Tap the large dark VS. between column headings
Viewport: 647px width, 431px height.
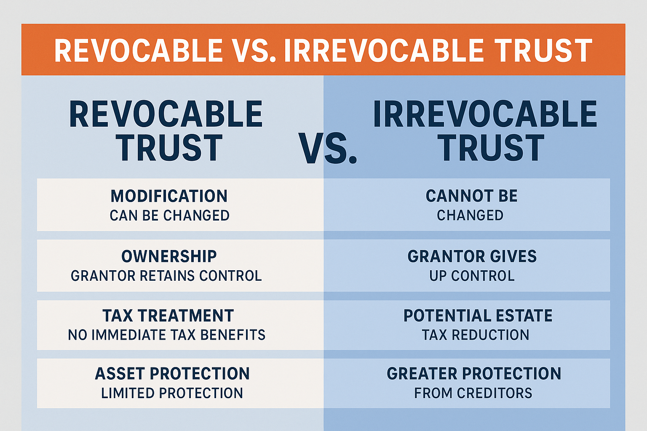[x=328, y=149]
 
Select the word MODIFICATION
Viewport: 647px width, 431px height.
[x=169, y=196]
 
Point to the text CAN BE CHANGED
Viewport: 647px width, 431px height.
[x=169, y=215]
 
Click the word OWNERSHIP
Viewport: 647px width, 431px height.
[x=169, y=256]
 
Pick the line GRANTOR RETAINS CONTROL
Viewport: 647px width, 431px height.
[x=166, y=276]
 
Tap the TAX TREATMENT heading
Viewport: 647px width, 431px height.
[x=168, y=316]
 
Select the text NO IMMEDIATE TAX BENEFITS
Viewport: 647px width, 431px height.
[x=167, y=335]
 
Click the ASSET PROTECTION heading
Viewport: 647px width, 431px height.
[x=172, y=374]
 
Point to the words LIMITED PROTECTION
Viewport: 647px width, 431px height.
[x=172, y=393]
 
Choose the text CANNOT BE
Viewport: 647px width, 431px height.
[x=471, y=196]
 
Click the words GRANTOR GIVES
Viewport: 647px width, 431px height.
[x=472, y=256]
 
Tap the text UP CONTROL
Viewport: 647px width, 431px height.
[x=472, y=276]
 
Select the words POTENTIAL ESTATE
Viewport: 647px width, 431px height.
[x=478, y=316]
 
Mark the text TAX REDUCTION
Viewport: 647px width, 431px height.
[x=475, y=335]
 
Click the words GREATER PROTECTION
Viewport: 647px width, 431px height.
[x=474, y=374]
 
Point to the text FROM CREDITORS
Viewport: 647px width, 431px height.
[x=473, y=393]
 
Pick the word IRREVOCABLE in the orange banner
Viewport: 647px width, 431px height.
[x=383, y=51]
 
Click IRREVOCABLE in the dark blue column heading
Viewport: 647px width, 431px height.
[x=485, y=114]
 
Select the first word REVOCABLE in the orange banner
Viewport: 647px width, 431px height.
[x=139, y=51]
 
